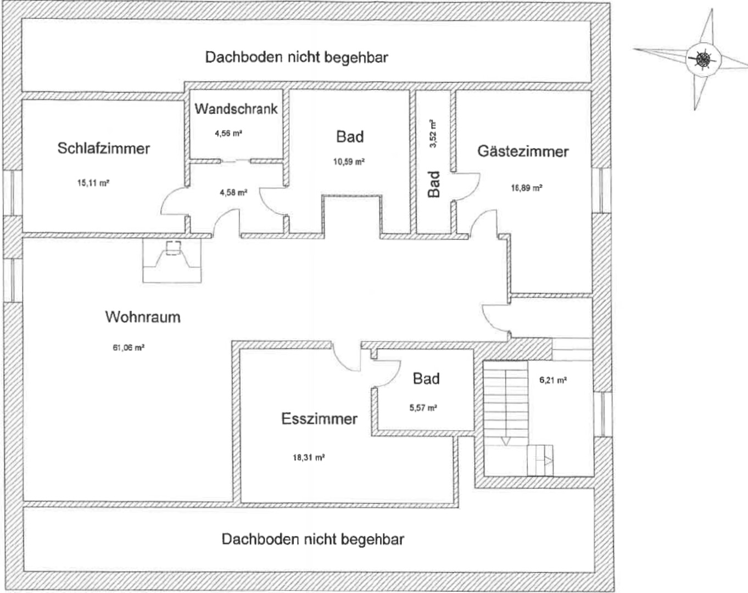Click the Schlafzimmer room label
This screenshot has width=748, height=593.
coord(104,149)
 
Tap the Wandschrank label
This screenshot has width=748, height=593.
coord(236,109)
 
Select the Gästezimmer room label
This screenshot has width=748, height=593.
coord(523,152)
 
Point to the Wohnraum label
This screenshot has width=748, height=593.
coord(143,317)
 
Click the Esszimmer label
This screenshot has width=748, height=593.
coord(319,419)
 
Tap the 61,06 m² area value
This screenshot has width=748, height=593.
coord(129,347)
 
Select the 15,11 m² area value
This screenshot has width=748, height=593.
coord(93,183)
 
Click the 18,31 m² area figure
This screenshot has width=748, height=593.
coord(309,457)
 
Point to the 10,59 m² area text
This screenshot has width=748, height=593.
coord(349,161)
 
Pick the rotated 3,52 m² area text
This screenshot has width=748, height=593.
coord(433,134)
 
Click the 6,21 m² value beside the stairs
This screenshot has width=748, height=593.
coord(553,380)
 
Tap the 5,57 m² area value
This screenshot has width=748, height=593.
coord(423,408)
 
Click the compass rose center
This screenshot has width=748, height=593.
coord(704,60)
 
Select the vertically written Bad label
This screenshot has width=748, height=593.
coord(433,184)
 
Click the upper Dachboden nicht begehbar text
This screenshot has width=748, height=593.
coord(297,57)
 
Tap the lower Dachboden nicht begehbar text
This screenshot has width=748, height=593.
coord(313,540)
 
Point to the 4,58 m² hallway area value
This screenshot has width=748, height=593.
coord(233,192)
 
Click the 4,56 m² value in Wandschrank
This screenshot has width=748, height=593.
coord(228,133)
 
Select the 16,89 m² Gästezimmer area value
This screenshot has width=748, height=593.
coord(527,188)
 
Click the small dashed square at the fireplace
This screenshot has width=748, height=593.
coord(173,248)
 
